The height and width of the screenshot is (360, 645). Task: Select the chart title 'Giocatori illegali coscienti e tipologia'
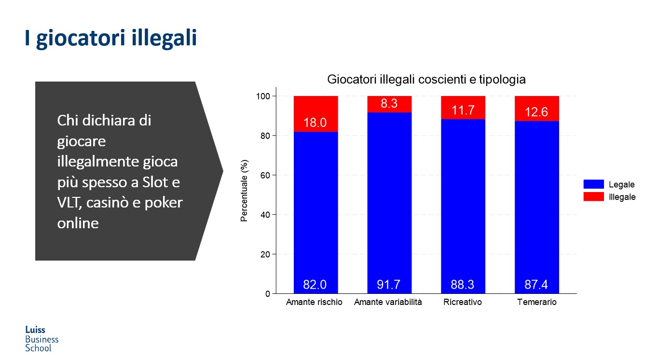click(x=426, y=80)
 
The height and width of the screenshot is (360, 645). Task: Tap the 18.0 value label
click(x=315, y=123)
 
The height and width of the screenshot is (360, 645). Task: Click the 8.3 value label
click(x=389, y=103)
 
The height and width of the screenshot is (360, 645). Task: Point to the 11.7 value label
click(x=463, y=110)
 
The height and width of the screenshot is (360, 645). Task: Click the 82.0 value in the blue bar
click(x=315, y=285)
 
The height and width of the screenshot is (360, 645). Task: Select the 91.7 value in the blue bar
click(x=389, y=285)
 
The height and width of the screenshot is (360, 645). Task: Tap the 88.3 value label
click(x=463, y=285)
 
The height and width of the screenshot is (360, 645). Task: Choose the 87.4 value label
click(x=536, y=285)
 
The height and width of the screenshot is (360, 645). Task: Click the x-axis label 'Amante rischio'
click(x=314, y=303)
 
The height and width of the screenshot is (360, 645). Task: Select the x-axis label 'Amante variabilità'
click(x=388, y=303)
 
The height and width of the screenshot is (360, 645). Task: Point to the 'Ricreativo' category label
click(x=463, y=303)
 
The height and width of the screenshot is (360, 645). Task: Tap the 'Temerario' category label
click(x=537, y=303)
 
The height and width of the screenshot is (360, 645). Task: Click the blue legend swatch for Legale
click(x=593, y=184)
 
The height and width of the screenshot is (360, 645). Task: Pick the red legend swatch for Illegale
click(x=593, y=197)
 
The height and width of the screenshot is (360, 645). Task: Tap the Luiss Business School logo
click(x=41, y=339)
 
